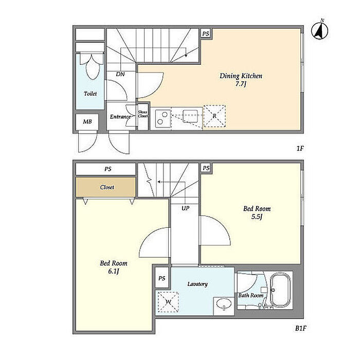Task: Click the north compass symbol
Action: click(319, 30)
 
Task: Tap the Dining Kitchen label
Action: click(241, 76)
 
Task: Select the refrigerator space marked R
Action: click(214, 116)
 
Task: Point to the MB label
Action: click(87, 121)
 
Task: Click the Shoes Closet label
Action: click(142, 114)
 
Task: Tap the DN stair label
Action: click(120, 74)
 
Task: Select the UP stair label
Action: click(186, 208)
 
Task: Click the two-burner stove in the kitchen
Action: click(163, 118)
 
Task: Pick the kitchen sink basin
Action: click(190, 116)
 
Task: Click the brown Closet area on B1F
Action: click(106, 187)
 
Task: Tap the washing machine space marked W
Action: click(168, 302)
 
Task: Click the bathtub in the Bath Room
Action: click(280, 290)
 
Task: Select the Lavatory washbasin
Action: click(223, 304)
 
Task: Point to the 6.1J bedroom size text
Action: click(114, 272)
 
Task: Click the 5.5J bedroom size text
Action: click(257, 217)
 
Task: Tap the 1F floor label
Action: click(300, 149)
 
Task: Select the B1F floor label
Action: click(300, 328)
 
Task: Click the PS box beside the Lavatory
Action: click(162, 278)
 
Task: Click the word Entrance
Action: click(120, 117)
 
